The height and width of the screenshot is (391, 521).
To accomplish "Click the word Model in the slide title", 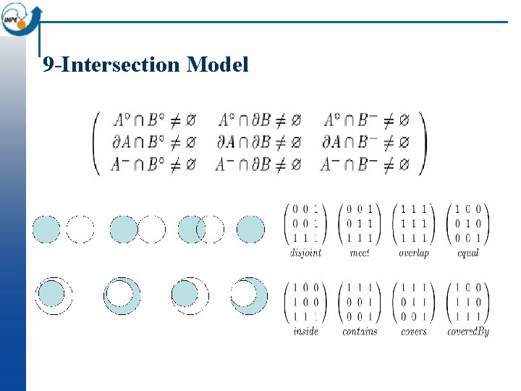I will [x=217, y=65].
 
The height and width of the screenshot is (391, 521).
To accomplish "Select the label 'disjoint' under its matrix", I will [x=305, y=253].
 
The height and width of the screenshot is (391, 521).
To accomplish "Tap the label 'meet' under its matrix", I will [x=360, y=253].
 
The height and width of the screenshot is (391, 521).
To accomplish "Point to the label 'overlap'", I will [x=413, y=253].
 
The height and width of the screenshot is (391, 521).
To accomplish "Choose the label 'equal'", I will [x=468, y=253].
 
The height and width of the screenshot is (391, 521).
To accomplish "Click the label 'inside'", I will [x=305, y=332].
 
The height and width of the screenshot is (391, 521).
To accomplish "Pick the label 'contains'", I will [x=360, y=332].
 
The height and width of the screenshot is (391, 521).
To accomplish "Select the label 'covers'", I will [x=413, y=332].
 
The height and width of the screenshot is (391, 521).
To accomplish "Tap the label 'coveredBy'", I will [x=468, y=332].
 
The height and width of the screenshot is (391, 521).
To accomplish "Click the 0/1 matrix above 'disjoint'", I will [x=305, y=223].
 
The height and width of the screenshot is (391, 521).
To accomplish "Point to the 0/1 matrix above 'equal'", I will [x=468, y=223].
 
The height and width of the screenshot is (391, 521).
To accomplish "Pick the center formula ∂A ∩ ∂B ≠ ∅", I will [x=259, y=142].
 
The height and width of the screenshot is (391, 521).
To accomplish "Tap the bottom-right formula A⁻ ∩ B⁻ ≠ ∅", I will [x=366, y=164].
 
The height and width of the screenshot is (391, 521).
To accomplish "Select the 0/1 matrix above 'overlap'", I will [x=413, y=223].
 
